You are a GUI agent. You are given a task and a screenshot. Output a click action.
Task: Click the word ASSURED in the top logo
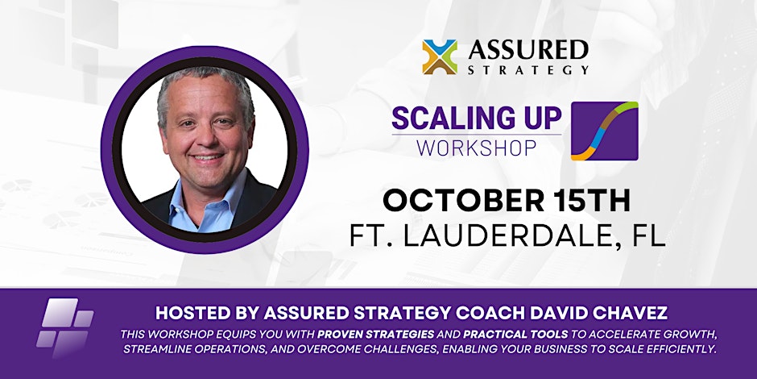pos(528,50)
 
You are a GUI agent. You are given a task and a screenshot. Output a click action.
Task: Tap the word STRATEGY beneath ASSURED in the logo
pos(528,70)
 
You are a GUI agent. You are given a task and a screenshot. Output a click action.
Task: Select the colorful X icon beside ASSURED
pos(440,57)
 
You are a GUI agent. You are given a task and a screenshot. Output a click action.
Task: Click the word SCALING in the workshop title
pos(439,119)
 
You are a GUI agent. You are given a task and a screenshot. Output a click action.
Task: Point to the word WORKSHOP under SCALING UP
pos(477,148)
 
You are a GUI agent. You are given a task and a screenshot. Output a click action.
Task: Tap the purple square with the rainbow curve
pos(605,131)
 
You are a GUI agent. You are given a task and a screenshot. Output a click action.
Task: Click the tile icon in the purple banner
pos(64,327)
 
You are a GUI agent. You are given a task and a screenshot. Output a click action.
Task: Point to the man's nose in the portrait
pos(207,138)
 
